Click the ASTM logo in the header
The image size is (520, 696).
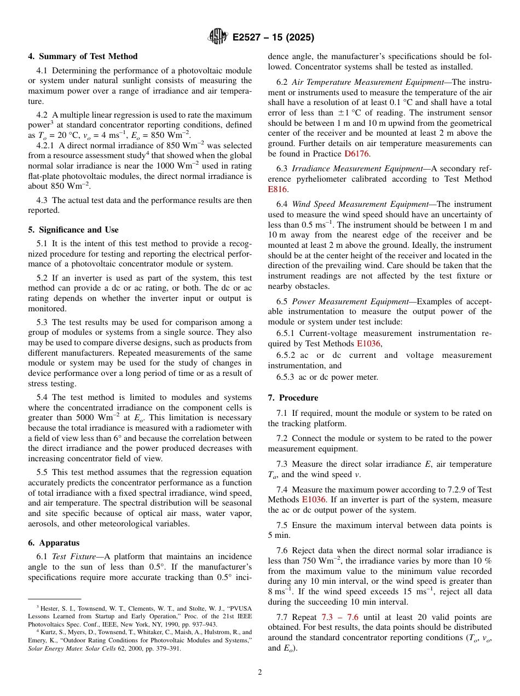tap(218, 37)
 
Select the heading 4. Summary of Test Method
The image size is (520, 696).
tap(83, 56)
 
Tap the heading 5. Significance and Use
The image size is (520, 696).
tap(73, 230)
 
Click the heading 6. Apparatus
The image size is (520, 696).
tap(54, 543)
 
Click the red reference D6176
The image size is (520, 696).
tap(356, 154)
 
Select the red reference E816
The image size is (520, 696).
tap(277, 189)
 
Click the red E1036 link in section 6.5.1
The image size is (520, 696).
tap(368, 344)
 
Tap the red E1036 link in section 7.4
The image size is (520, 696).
tap(314, 500)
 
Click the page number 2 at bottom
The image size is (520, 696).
tap(260, 672)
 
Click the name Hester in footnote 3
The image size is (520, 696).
tap(48, 607)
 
